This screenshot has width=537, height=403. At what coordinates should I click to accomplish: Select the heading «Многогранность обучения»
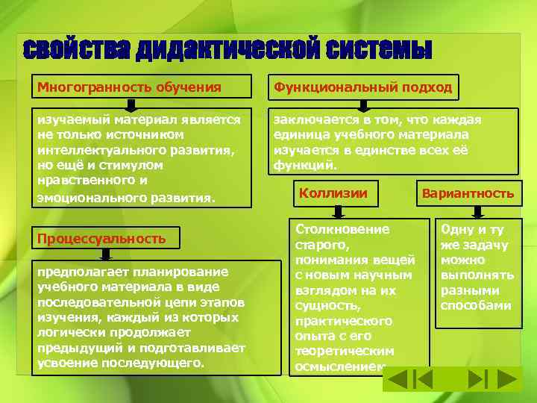coord(130,87)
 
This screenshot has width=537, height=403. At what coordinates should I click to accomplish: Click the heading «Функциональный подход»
coord(363,87)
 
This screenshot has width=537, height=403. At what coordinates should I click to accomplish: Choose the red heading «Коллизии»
coord(333,193)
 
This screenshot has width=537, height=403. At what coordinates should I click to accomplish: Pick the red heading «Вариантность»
coord(468,193)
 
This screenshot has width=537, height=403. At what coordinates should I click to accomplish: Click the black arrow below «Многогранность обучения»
coord(130,104)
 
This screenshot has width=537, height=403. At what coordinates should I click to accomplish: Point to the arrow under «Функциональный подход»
coord(363,104)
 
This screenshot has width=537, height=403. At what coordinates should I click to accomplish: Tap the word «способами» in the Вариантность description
coord(476,306)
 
